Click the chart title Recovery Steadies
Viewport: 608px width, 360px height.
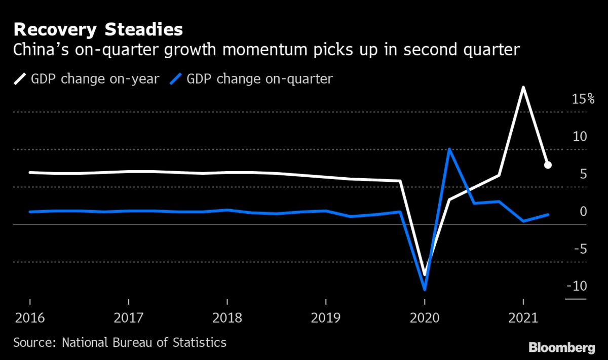coord(98,29)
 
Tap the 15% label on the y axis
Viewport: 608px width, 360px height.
coord(583,99)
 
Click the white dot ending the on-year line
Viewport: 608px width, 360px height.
coord(548,165)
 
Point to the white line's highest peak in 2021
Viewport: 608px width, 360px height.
coord(523,88)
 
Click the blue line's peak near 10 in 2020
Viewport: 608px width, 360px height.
coord(449,149)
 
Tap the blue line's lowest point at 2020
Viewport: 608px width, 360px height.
coord(425,290)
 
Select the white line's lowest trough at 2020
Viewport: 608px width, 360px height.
coord(425,275)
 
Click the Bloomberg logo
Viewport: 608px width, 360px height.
coord(561,347)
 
